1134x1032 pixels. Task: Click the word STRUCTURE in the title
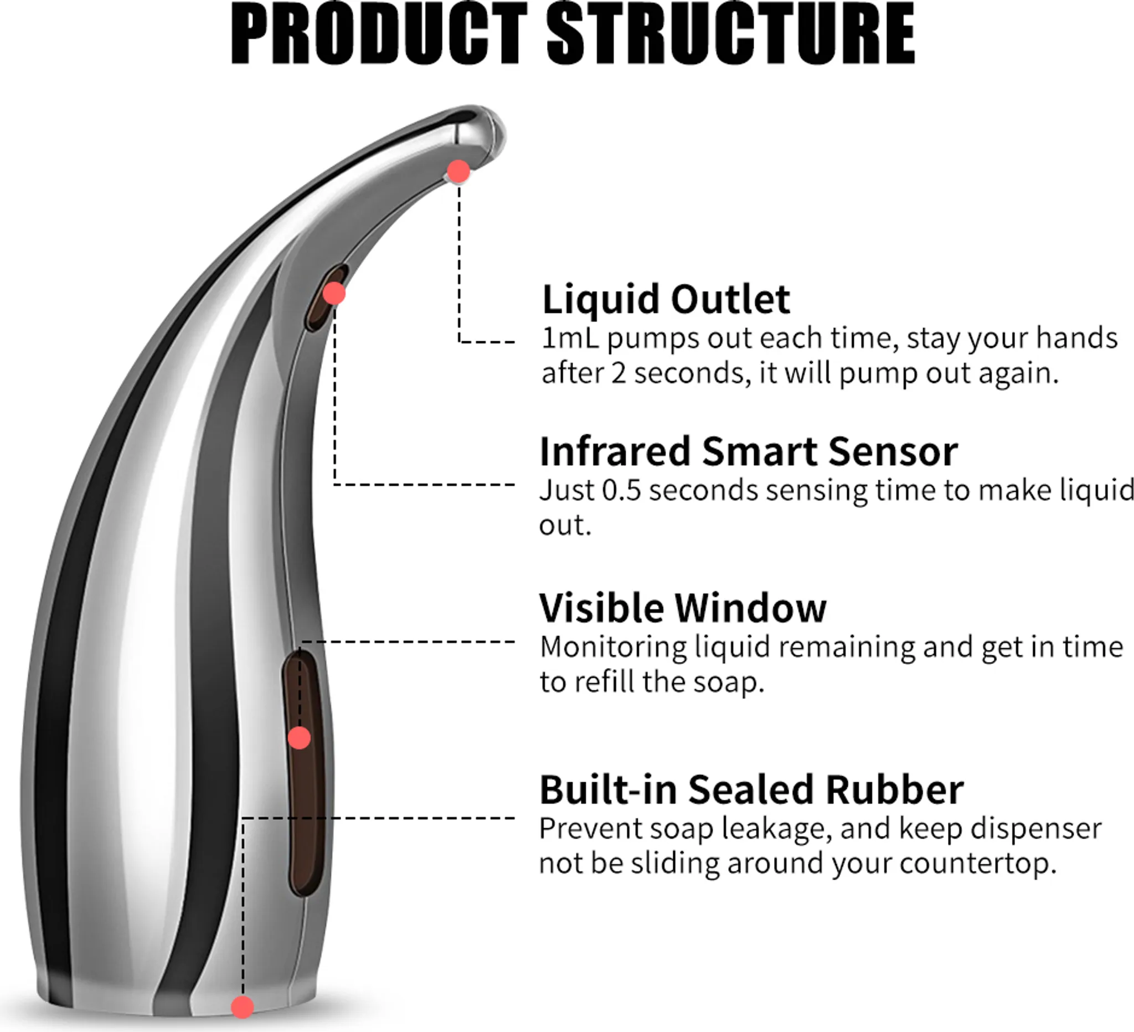[x=731, y=33]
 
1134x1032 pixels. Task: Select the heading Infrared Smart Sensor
[x=748, y=451]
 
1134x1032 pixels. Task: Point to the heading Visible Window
[x=683, y=608]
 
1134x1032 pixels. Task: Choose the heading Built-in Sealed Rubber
[x=751, y=789]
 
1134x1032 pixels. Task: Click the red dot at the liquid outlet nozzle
[x=458, y=171]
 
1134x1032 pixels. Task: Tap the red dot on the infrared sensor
[x=334, y=293]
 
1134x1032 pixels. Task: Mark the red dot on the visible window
[x=299, y=738]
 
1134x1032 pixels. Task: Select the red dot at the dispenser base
[x=243, y=1007]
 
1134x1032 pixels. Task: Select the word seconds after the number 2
[x=693, y=373]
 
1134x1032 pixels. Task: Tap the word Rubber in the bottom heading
[x=895, y=789]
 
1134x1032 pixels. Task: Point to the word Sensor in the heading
[x=893, y=451]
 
